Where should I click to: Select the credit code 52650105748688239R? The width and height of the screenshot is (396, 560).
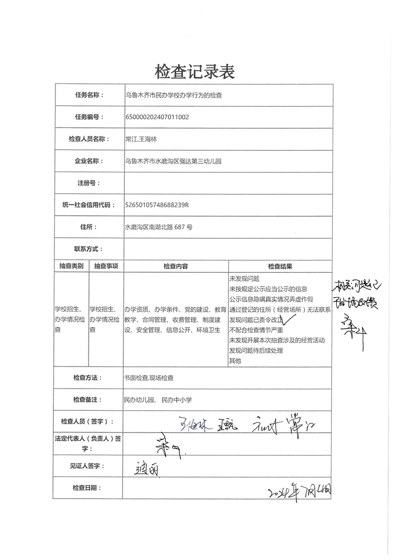click(157, 205)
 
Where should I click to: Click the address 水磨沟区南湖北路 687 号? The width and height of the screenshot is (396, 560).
click(158, 227)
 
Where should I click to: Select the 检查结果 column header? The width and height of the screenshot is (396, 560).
click(280, 266)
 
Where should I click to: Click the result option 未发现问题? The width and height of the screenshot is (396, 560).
click(244, 278)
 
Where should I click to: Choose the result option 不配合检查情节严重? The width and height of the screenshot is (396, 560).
click(256, 330)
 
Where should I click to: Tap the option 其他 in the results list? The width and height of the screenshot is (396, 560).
click(235, 360)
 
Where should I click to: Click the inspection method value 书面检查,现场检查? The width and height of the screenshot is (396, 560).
click(148, 378)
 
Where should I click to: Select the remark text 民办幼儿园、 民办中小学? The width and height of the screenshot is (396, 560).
click(157, 400)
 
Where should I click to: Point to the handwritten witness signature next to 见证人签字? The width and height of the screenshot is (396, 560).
click(148, 470)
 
